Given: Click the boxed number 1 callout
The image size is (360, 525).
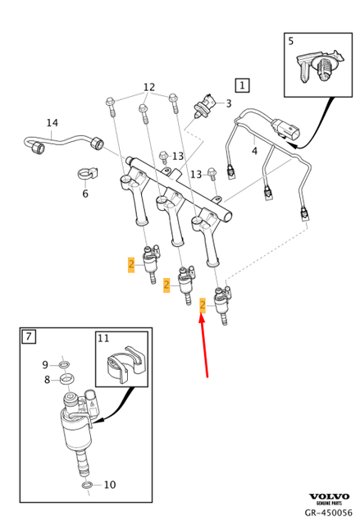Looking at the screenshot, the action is coord(242,85).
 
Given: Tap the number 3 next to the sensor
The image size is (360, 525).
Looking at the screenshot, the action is coord(229,103).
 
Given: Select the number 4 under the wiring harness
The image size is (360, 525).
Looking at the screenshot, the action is coord(254,151).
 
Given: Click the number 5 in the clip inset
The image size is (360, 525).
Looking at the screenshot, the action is coord(291,41).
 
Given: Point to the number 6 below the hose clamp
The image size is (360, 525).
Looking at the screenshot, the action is coord(85,194).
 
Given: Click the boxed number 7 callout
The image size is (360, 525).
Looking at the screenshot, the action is coord(29,336).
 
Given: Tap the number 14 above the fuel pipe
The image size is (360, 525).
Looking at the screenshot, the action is coord(52,123).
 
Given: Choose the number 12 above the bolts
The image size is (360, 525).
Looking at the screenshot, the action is coord(149,88).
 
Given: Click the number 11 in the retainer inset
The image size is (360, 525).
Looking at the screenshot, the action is coord(103,338).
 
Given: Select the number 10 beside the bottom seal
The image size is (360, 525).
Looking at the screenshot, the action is coord(110,485).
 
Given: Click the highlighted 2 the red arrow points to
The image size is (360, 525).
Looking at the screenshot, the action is coord(203,305).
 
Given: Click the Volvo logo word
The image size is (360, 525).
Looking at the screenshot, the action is coord(329,496).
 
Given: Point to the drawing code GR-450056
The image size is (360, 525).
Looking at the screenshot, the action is coord(329,513).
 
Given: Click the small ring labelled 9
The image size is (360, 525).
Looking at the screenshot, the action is coord(64,364).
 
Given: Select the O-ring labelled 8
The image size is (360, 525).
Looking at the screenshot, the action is coord(67,379).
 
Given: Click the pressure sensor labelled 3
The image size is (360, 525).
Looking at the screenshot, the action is coord(204,104).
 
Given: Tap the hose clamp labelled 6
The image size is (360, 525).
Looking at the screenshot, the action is coord(87,174).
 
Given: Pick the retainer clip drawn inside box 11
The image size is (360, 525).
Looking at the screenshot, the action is coord(125,364).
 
